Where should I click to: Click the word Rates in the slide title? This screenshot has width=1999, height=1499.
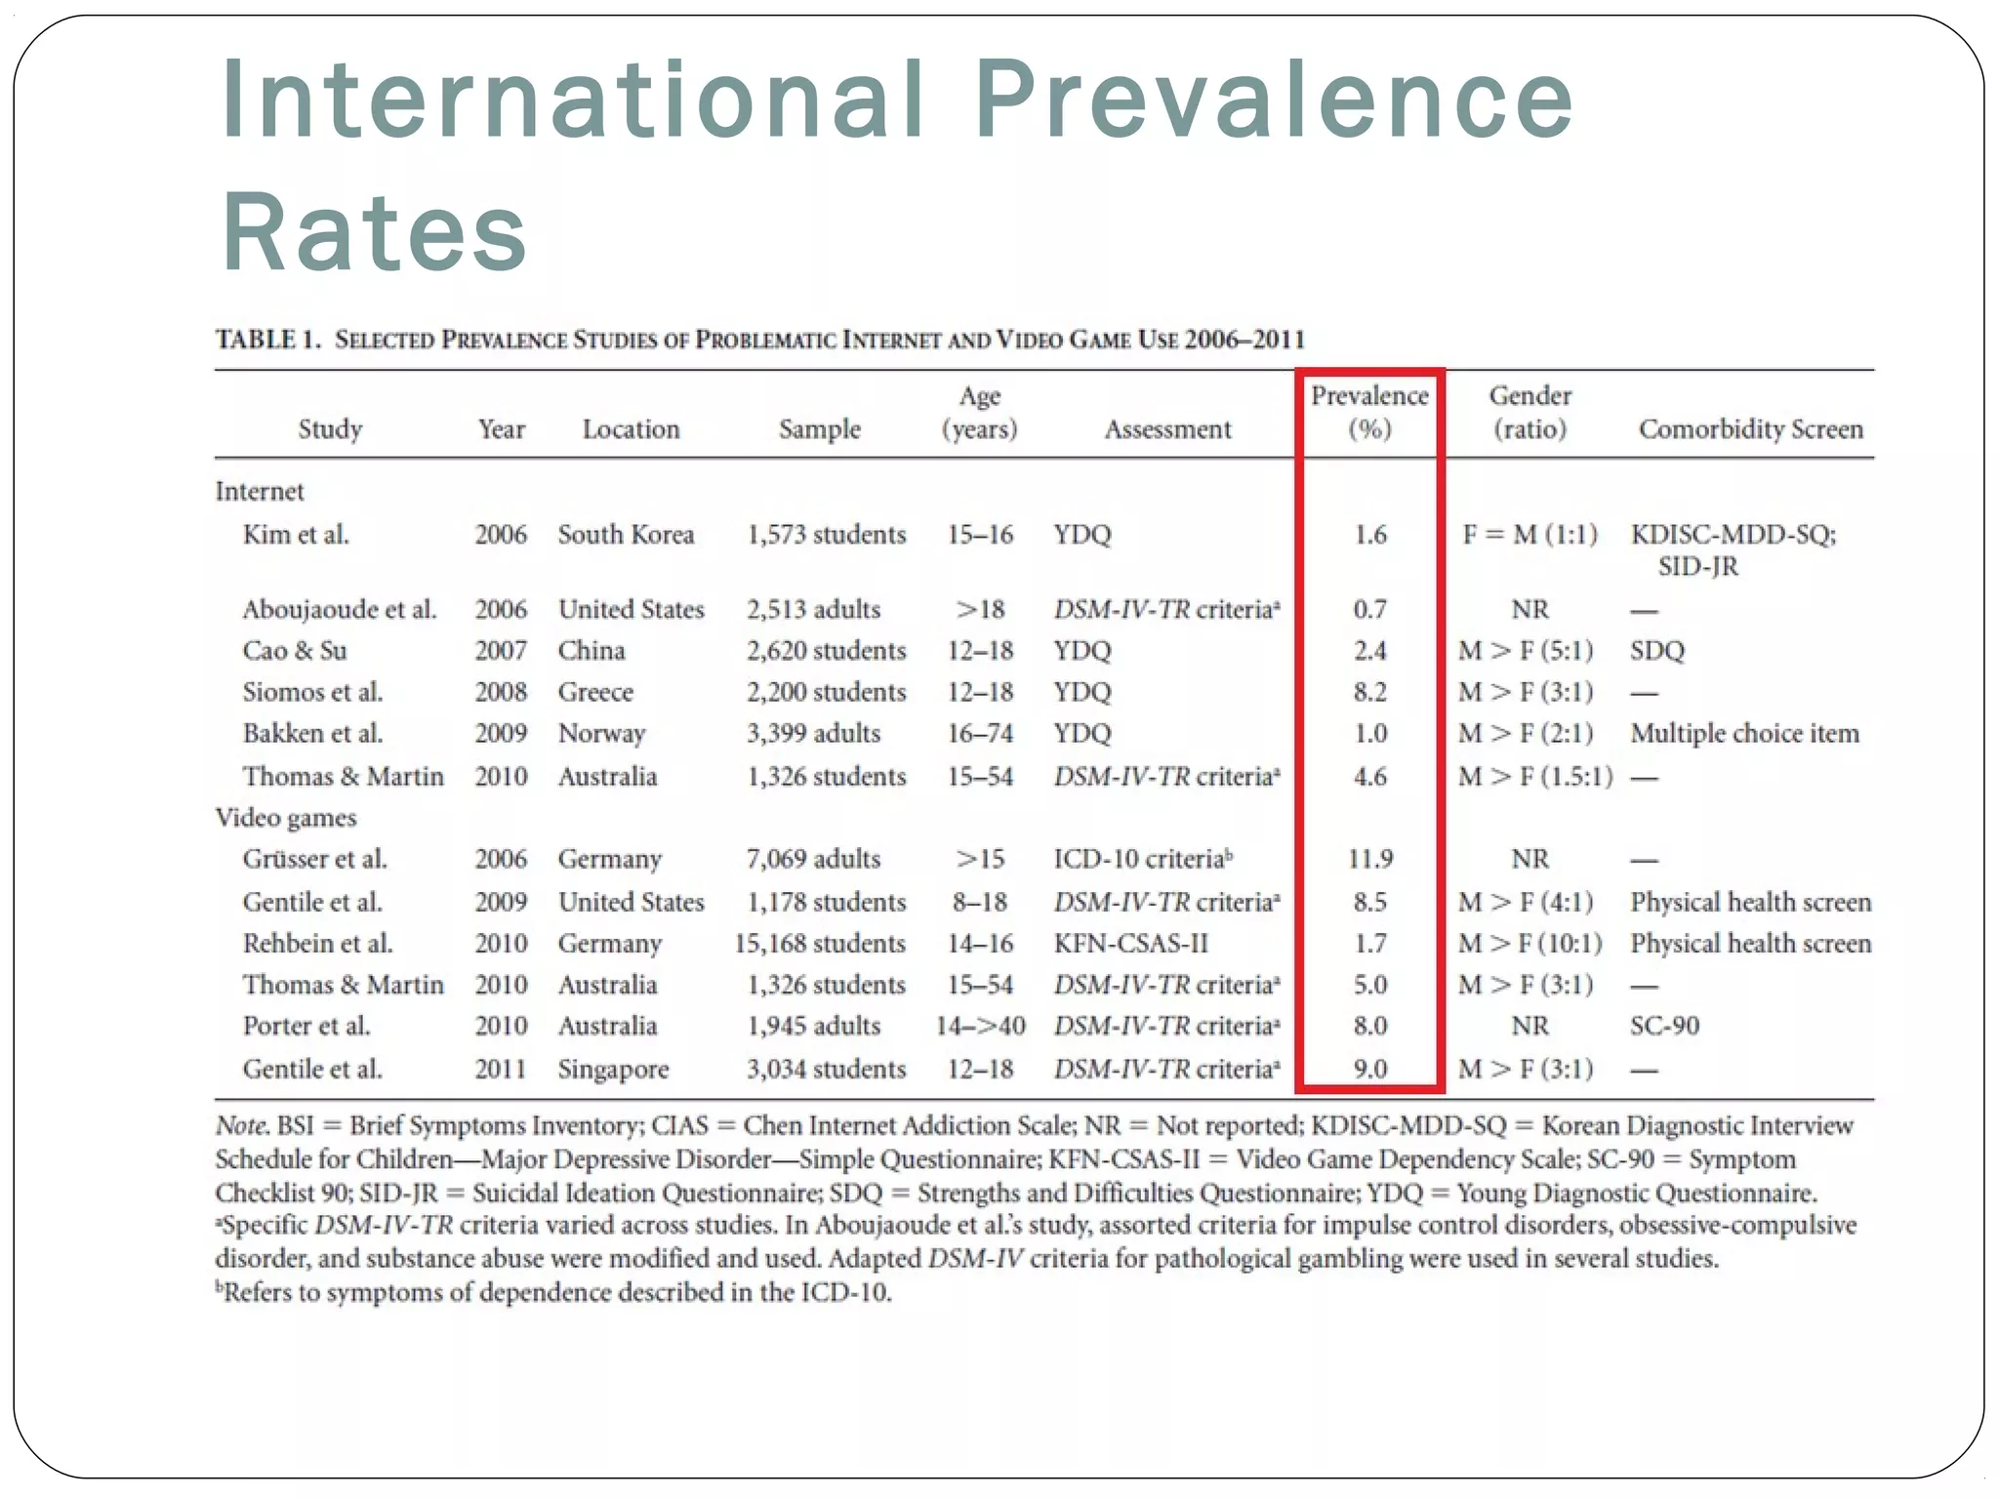[x=375, y=232]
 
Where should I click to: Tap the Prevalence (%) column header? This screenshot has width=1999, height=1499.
[x=1369, y=412]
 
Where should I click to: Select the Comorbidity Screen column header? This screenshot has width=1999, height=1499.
[x=1751, y=429]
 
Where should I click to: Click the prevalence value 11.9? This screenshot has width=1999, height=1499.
[x=1369, y=859]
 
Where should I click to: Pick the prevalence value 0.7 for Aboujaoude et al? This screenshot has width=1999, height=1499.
[x=1369, y=610]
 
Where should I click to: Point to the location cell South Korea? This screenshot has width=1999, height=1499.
[x=626, y=535]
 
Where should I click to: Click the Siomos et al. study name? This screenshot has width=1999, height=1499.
[x=312, y=692]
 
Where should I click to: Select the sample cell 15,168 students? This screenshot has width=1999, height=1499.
[x=820, y=944]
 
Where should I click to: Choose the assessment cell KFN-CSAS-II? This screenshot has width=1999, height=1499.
[x=1130, y=944]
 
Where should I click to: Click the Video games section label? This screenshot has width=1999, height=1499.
[x=286, y=818]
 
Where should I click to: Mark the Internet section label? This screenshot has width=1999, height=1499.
[x=260, y=491]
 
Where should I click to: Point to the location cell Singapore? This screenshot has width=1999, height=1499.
[x=613, y=1070]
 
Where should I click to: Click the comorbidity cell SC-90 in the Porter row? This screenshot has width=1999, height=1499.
[x=1664, y=1026]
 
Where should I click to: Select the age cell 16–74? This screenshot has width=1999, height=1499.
[x=980, y=734]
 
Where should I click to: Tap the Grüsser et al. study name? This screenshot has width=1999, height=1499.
[x=314, y=859]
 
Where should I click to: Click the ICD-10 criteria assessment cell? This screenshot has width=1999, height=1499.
[x=1142, y=859]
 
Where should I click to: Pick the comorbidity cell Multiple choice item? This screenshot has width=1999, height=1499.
[x=1744, y=734]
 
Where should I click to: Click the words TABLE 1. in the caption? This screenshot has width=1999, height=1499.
[x=268, y=340]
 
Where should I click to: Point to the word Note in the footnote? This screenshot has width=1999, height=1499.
[x=240, y=1125]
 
